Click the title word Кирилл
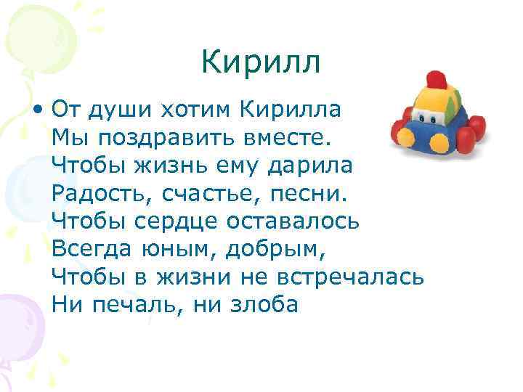pos(261,62)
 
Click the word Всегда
pos(90,249)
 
